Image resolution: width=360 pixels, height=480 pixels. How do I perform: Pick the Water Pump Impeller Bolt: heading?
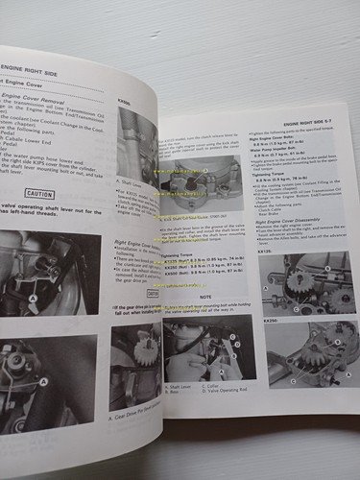point(275,177)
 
